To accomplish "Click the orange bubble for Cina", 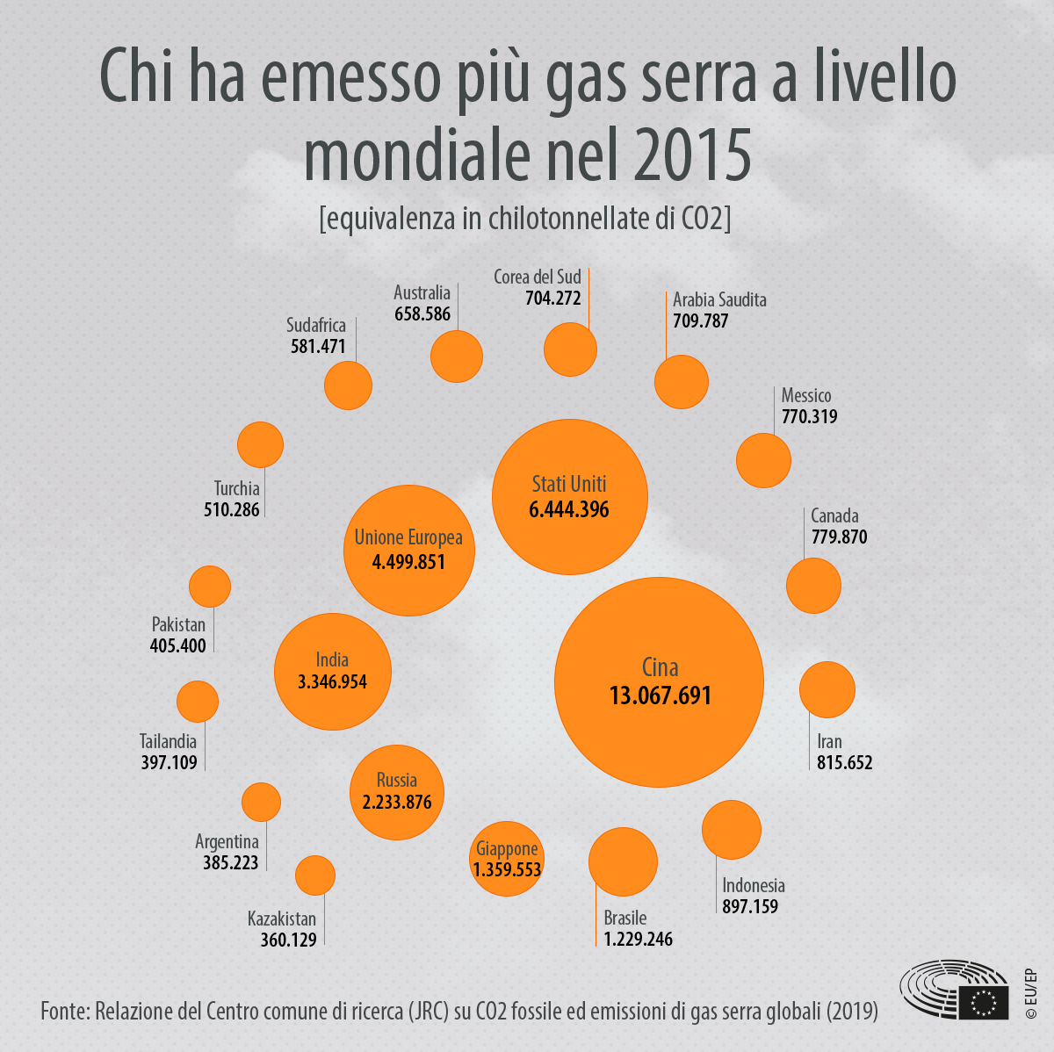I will coord(659,681).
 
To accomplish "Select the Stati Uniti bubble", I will coord(569,497).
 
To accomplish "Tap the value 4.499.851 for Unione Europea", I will coord(408,562).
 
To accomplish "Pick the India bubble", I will coord(332,671).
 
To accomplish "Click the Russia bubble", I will coord(397,792).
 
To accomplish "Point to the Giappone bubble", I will coord(507,859).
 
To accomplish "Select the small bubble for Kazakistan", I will coord(314,875).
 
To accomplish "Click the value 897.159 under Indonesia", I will coord(750,906).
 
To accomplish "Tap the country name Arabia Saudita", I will coord(719,299).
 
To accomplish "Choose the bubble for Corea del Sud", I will coord(570,349).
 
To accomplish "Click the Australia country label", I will coord(422,292).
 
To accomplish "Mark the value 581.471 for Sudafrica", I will coord(318,346).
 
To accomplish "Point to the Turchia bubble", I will coord(260,444).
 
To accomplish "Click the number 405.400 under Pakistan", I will coord(178,645).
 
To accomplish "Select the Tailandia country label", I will coord(168,741).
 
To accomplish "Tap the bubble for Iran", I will coord(827,689).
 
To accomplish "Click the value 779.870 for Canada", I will coord(839,537).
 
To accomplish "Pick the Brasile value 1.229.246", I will coord(638,939).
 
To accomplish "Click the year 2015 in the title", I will coord(691,155).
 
